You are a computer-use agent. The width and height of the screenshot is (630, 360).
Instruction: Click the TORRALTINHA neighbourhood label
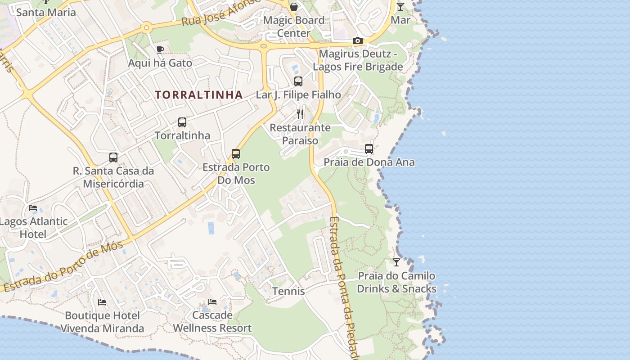pyautogui.click(x=198, y=95)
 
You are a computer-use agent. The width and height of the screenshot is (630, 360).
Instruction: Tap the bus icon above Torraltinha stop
pyautogui.click(x=182, y=122)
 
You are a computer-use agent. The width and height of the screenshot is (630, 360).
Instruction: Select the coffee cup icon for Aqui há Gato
pyautogui.click(x=160, y=49)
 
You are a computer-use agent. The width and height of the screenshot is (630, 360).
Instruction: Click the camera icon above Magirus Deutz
pyautogui.click(x=358, y=41)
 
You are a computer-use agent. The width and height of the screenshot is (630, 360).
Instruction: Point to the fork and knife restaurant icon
pyautogui.click(x=300, y=114)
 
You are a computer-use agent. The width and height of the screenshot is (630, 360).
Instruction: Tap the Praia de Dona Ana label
pyautogui.click(x=369, y=162)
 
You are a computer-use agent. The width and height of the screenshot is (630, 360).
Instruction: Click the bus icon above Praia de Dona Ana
pyautogui.click(x=369, y=149)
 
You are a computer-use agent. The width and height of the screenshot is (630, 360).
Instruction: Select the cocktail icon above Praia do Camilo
pyautogui.click(x=396, y=262)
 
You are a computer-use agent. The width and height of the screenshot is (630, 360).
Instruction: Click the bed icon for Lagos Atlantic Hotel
pyautogui.click(x=33, y=208)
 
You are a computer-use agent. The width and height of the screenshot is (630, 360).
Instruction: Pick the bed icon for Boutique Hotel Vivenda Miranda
pyautogui.click(x=102, y=302)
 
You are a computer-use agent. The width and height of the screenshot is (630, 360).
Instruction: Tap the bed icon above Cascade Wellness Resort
pyautogui.click(x=212, y=302)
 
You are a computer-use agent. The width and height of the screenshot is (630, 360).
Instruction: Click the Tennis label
pyautogui.click(x=288, y=291)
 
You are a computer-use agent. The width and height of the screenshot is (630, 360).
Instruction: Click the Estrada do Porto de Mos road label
pyautogui.click(x=63, y=266)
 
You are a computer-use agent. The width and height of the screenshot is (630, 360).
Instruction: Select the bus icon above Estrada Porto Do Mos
pyautogui.click(x=236, y=154)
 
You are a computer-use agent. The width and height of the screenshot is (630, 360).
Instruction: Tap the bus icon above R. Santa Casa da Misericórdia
pyautogui.click(x=113, y=157)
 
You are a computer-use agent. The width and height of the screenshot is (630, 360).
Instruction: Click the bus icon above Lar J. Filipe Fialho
pyautogui.click(x=298, y=81)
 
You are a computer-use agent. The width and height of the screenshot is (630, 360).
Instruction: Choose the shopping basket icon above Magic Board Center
pyautogui.click(x=294, y=7)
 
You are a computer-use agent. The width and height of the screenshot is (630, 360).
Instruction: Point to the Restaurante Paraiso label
pyautogui.click(x=300, y=134)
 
